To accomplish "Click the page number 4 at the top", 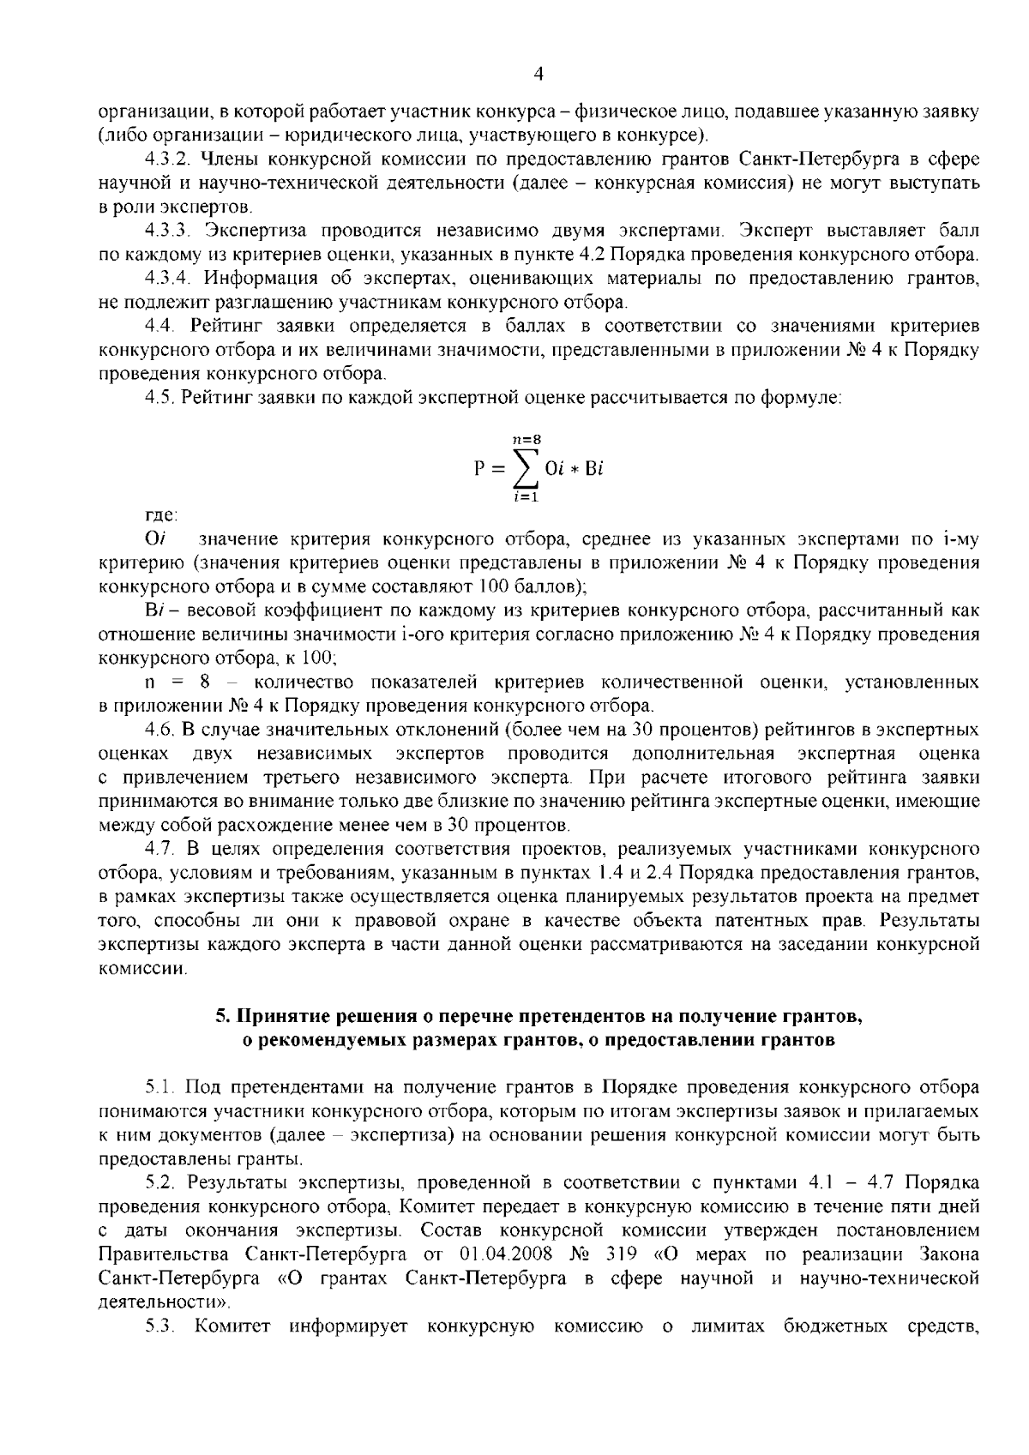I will [x=539, y=75].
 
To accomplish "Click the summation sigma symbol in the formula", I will [x=526, y=468].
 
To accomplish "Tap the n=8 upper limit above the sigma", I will [x=526, y=439].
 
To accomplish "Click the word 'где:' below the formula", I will [x=160, y=516].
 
